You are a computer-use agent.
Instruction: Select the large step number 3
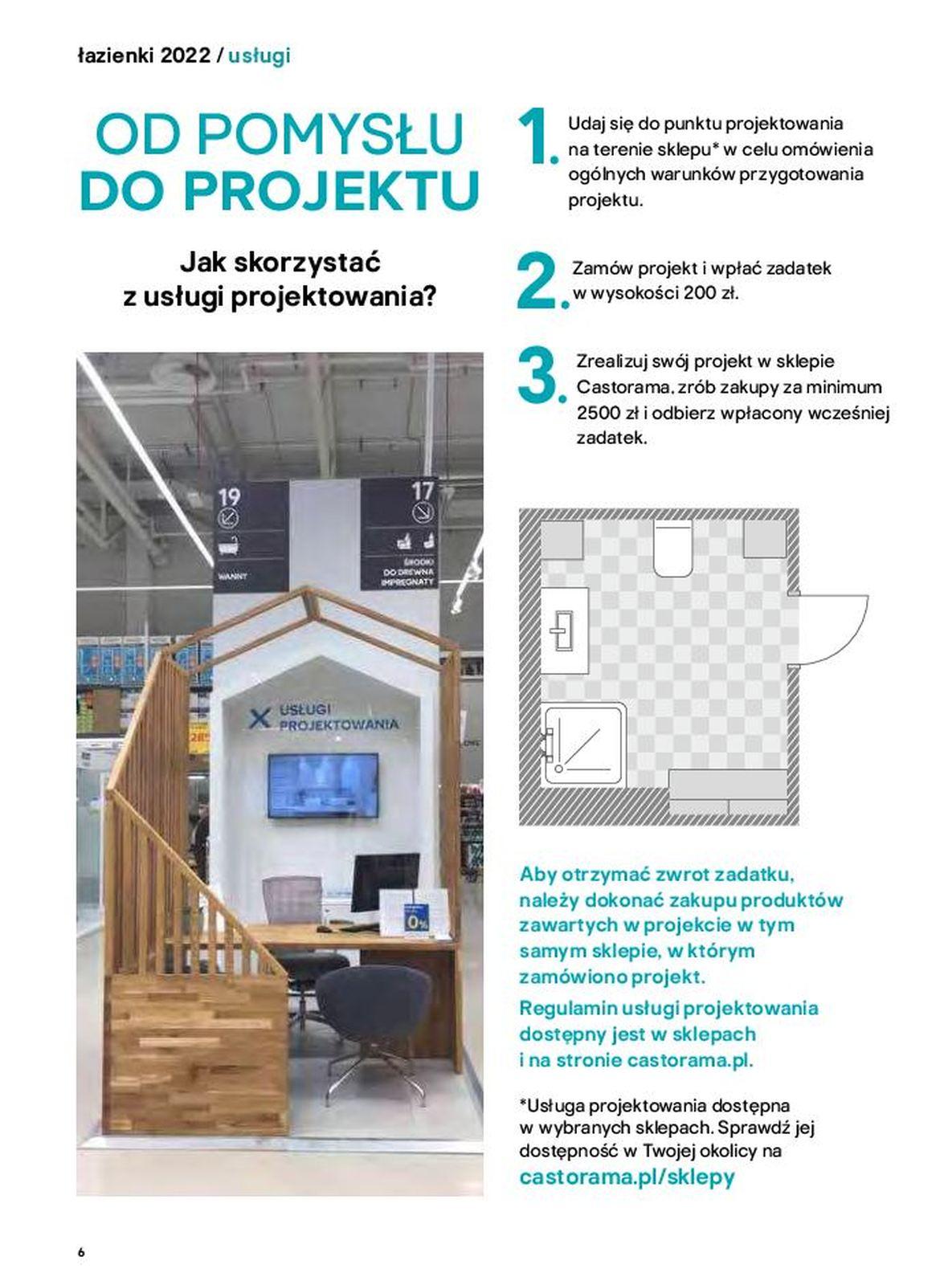[537, 374]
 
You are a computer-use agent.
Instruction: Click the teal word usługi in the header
[259, 55]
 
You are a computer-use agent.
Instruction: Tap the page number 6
[81, 1252]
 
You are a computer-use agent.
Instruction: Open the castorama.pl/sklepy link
[627, 1177]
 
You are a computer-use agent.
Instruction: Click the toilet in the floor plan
[672, 549]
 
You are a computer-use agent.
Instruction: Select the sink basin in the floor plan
[563, 630]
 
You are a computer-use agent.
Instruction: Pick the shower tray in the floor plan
[584, 745]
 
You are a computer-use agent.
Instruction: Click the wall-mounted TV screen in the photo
[322, 785]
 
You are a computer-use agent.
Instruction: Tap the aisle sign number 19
[229, 496]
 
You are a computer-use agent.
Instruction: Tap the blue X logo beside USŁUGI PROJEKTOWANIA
[259, 717]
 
